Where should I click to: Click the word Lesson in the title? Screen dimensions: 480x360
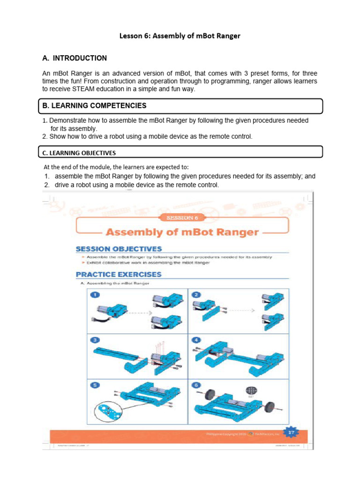(132, 36)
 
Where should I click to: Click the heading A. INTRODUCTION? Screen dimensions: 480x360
(75, 58)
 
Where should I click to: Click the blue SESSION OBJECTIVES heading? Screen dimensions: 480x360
(118, 249)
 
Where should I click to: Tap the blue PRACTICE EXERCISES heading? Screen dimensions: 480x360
(118, 274)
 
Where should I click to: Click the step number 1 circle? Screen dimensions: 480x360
(95, 295)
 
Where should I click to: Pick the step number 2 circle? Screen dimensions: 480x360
(196, 295)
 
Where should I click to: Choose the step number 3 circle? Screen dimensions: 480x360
(95, 340)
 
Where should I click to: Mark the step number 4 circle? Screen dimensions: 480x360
(196, 340)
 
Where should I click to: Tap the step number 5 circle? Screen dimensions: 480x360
(95, 385)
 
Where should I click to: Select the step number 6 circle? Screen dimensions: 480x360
(196, 385)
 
